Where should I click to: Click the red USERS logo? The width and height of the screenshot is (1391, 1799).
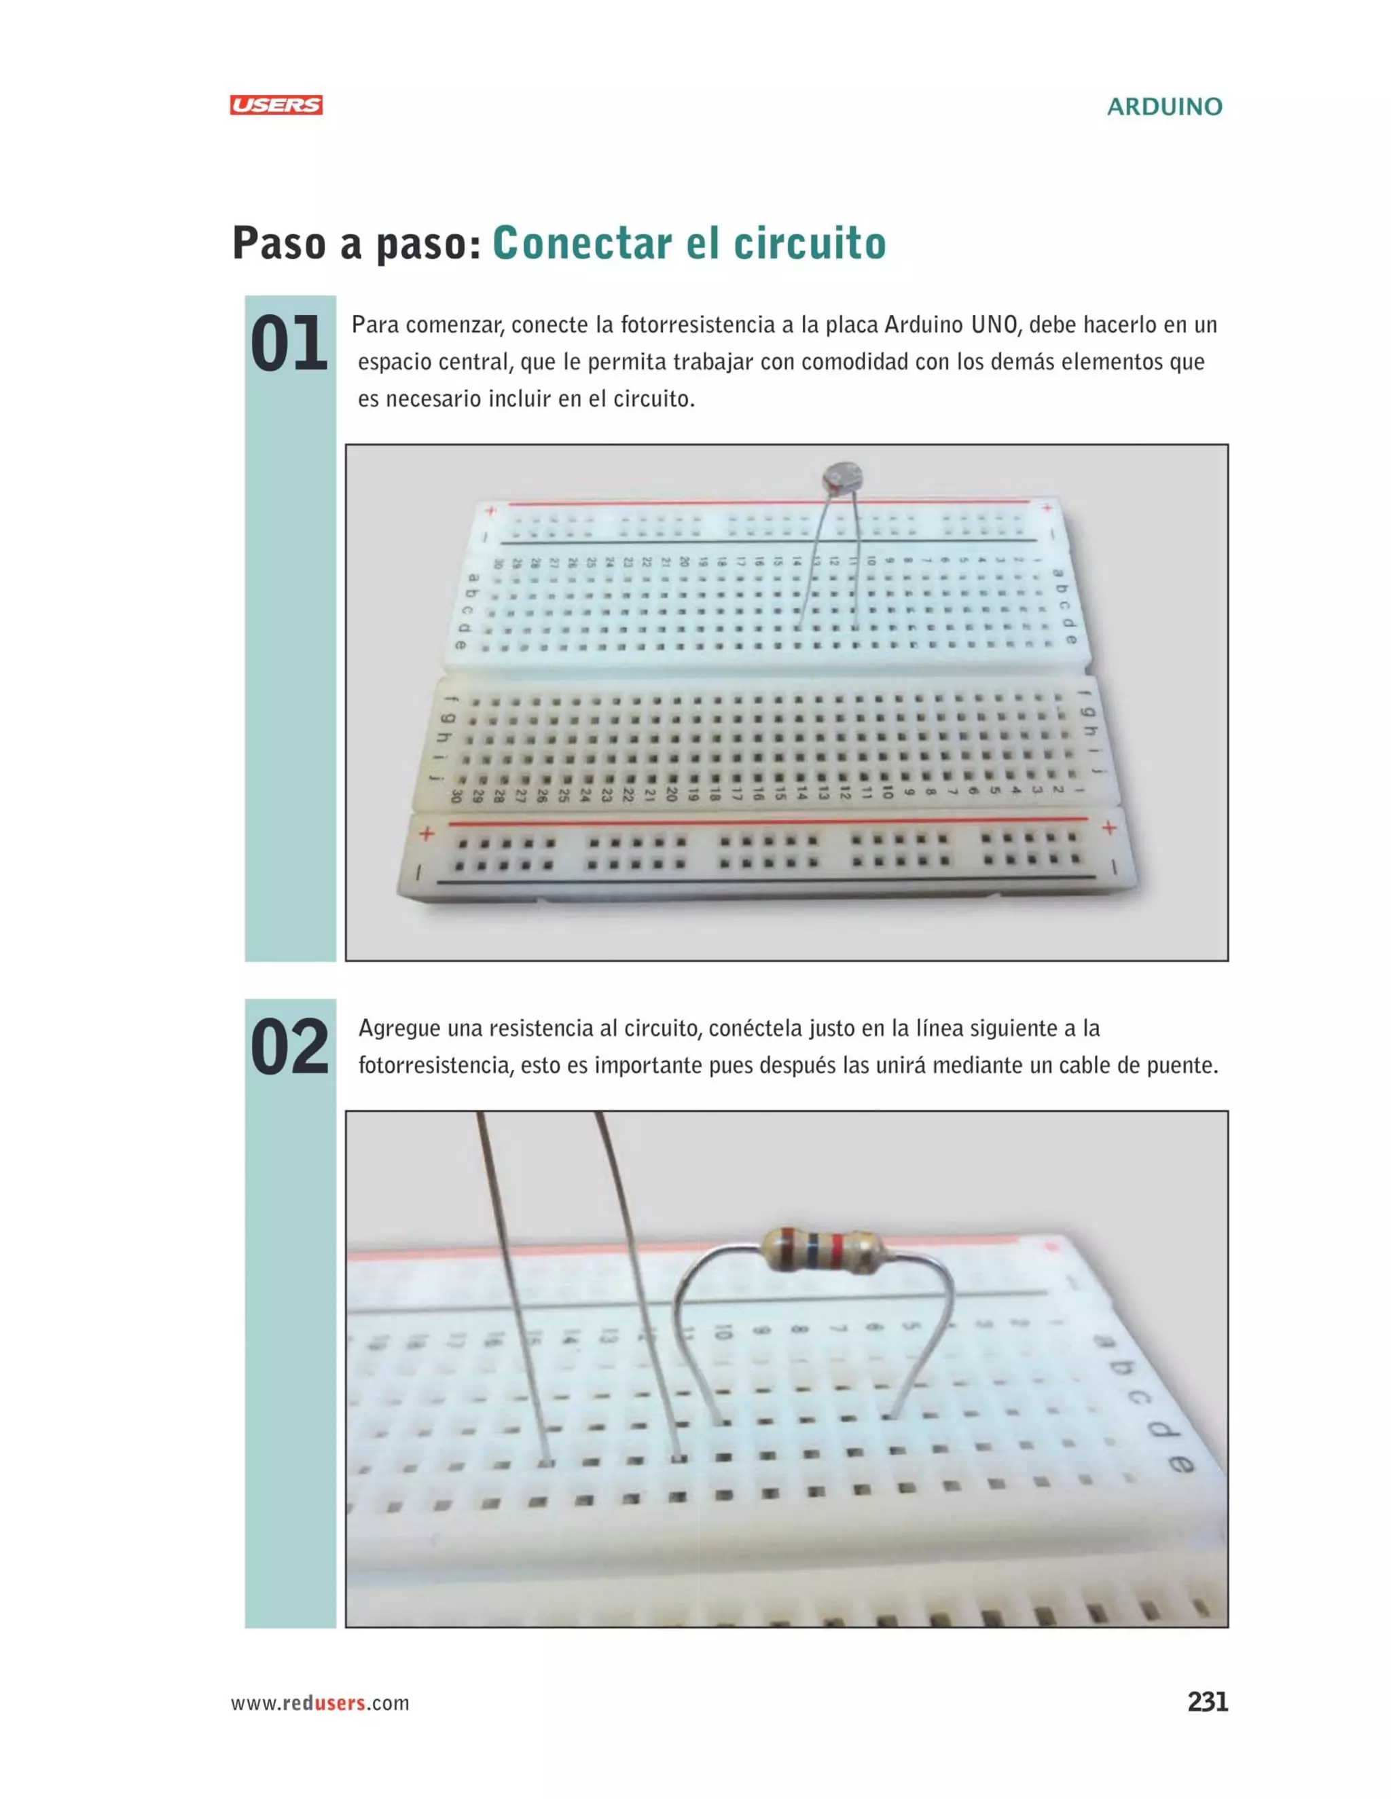pos(276,105)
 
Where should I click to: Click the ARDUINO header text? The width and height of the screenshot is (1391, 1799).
pos(1163,107)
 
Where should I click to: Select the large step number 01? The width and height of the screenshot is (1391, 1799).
pos(289,344)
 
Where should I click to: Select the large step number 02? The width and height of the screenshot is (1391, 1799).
pos(289,1047)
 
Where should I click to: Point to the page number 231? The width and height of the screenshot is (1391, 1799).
pos(1207,1702)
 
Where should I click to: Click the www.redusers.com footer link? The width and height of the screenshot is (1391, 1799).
pos(320,1703)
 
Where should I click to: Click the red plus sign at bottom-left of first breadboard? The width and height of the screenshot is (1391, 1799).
pos(426,834)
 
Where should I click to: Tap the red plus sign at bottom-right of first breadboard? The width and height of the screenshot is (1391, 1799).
pos(1109,828)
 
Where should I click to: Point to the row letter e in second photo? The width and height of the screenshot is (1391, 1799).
pos(1181,1464)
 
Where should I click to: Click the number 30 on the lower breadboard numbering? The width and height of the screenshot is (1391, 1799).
pos(456,796)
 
